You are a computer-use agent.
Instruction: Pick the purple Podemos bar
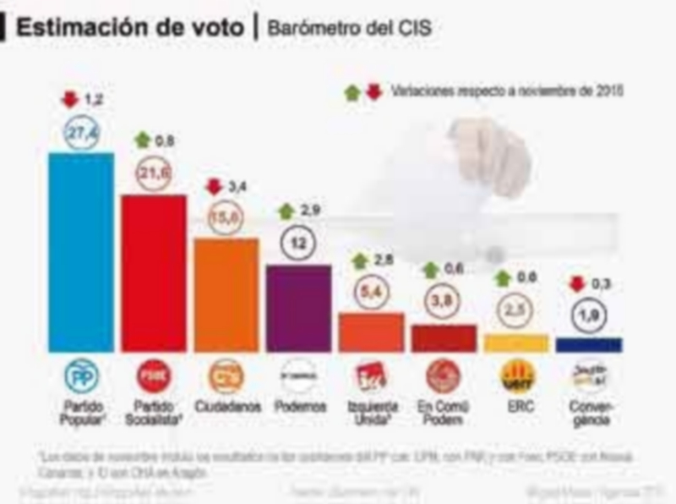[x=298, y=308]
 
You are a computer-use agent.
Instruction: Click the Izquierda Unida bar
[x=371, y=332]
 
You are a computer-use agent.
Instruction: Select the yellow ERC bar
[x=515, y=342]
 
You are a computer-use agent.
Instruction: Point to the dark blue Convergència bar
[x=588, y=344]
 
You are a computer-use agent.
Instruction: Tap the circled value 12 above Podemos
[x=298, y=244]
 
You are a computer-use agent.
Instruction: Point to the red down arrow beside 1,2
[x=69, y=100]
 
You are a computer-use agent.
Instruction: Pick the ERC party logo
[x=515, y=375]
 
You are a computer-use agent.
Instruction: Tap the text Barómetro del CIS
[x=348, y=28]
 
